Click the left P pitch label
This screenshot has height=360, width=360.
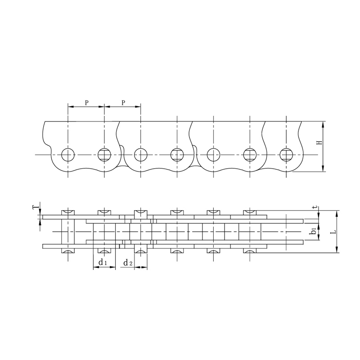point(86,102)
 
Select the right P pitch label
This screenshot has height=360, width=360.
point(122,102)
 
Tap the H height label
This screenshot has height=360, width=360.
point(319,143)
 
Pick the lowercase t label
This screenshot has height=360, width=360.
point(315,207)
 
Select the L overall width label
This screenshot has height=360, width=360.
point(333,233)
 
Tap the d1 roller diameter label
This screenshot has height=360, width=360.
point(102,262)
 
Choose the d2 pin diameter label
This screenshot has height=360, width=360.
point(128,262)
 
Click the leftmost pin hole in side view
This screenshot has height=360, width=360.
point(68,155)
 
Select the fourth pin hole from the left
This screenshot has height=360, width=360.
point(177,155)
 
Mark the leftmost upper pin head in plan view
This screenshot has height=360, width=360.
point(68,212)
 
